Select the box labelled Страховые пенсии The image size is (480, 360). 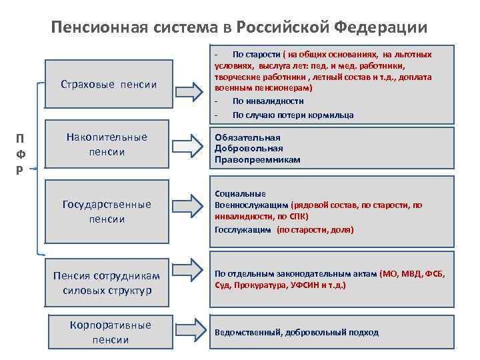click(x=109, y=85)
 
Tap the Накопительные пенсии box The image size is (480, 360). click(x=107, y=145)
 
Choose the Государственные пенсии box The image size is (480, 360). click(x=107, y=211)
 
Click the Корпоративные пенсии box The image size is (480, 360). click(x=111, y=332)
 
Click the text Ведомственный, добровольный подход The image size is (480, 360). click(x=296, y=332)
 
